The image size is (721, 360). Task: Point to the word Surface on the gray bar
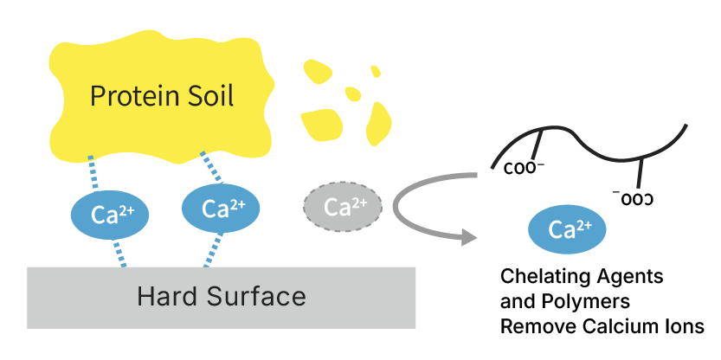pyautogui.click(x=257, y=297)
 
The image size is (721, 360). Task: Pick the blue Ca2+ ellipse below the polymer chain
pyautogui.click(x=567, y=229)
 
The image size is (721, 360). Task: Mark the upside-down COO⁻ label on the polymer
pyautogui.click(x=633, y=198)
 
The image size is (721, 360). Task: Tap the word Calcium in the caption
pyautogui.click(x=620, y=328)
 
